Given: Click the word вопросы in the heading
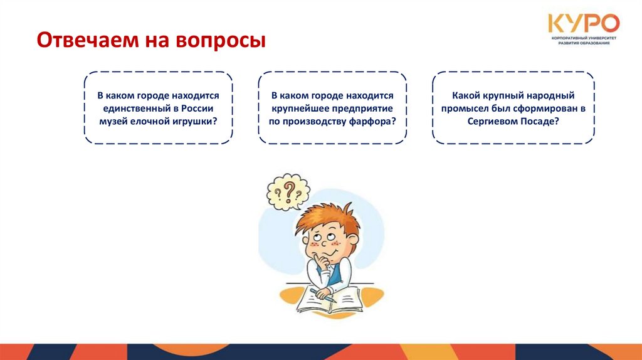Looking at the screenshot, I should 227,41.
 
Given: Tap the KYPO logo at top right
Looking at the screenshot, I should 583,24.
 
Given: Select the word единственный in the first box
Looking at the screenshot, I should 137,108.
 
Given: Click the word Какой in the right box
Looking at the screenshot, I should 465,95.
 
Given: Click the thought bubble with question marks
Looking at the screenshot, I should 288,191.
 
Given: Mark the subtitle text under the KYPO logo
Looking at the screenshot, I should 583,43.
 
